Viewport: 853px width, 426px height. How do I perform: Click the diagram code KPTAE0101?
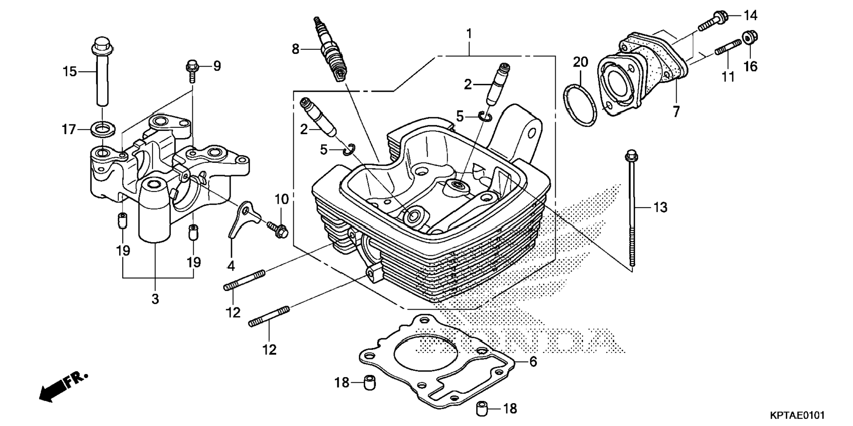click(797, 415)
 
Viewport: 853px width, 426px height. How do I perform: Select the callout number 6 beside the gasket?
click(533, 362)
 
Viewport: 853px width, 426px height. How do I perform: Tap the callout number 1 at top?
click(469, 34)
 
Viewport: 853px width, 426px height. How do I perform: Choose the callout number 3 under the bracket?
click(155, 299)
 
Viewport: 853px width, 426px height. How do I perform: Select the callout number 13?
click(660, 207)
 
